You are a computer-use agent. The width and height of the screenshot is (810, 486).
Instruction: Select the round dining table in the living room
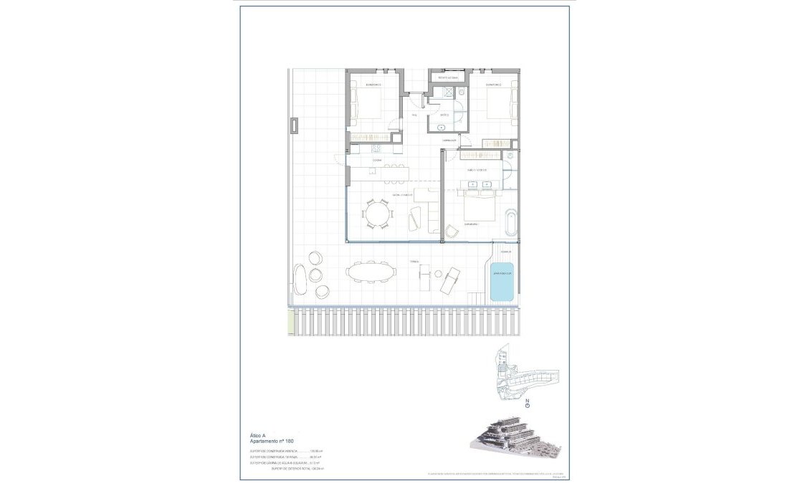pyautogui.click(x=377, y=214)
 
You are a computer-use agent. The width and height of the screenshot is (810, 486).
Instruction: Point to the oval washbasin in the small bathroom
pyautogui.click(x=441, y=126)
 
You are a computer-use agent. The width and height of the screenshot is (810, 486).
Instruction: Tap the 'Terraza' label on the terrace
pyautogui.click(x=414, y=262)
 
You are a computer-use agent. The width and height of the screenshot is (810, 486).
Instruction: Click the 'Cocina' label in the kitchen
pyautogui.click(x=376, y=161)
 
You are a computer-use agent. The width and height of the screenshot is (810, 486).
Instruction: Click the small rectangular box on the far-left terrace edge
pyautogui.click(x=294, y=126)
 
